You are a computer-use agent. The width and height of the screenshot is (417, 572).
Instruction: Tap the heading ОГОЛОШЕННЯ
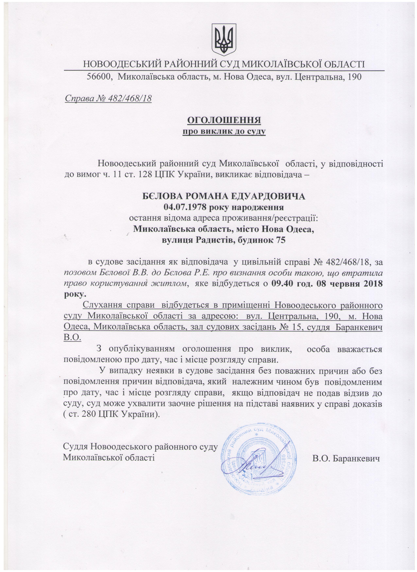pos(224,120)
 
